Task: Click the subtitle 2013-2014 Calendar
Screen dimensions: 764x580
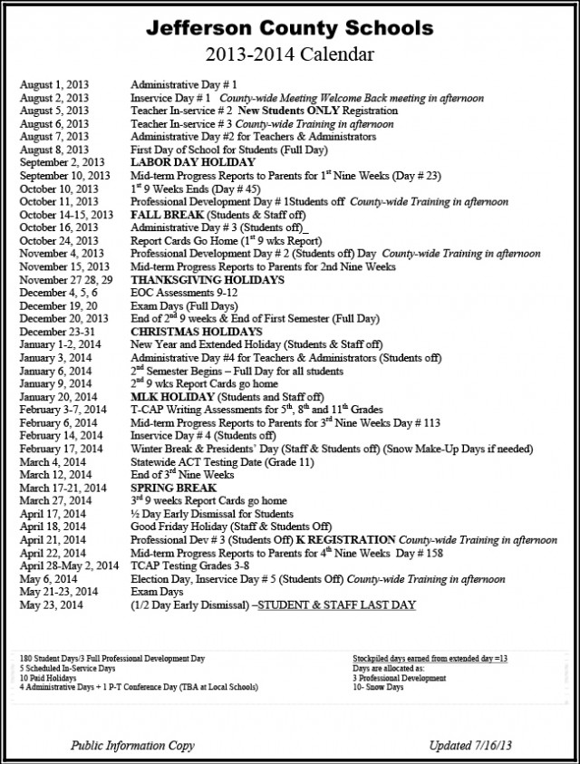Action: tap(290, 54)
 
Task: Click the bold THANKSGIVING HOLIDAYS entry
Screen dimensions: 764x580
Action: tap(195, 281)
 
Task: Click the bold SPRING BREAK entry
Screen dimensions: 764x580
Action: tap(168, 487)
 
